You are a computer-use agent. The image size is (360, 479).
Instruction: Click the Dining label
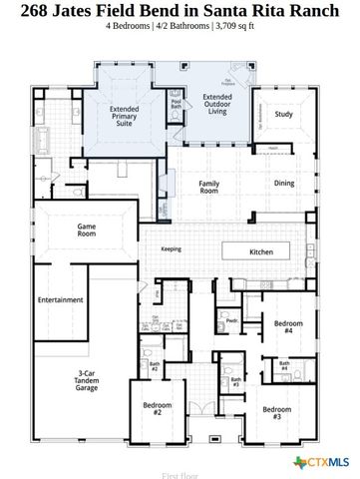284,183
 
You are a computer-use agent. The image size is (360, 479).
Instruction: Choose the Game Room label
87,231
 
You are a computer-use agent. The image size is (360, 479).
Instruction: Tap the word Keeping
173,250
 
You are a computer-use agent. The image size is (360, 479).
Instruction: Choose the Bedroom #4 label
288,327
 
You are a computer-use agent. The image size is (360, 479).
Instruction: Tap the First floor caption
180,461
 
